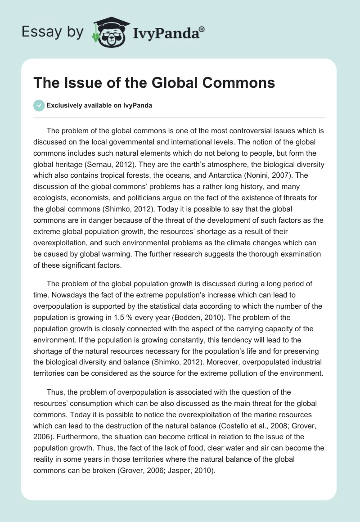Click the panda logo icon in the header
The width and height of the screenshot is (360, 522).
(109, 31)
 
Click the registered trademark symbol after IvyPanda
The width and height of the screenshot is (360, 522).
(202, 29)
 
